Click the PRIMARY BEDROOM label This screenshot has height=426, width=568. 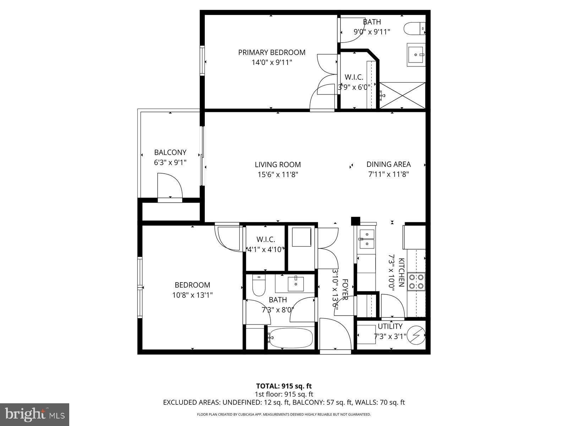click(x=272, y=53)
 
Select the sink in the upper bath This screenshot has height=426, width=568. click(x=416, y=55)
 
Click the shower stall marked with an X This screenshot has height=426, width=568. click(x=402, y=95)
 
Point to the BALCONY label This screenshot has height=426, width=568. click(x=170, y=152)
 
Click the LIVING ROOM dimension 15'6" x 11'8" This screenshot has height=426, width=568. click(x=278, y=174)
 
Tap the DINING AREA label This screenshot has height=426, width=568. click(x=388, y=164)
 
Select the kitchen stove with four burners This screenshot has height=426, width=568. click(x=416, y=281)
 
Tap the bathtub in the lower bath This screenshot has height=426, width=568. click(x=290, y=338)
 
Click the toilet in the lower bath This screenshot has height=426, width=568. click(x=258, y=286)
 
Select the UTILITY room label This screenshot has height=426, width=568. click(x=390, y=326)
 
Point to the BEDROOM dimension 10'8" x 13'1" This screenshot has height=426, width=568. click(x=193, y=295)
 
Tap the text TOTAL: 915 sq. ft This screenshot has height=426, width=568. click(x=284, y=386)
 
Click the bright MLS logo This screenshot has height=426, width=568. click(x=35, y=414)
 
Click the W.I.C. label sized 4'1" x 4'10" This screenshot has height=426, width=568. click(x=266, y=240)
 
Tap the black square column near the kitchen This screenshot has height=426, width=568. click(x=355, y=221)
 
